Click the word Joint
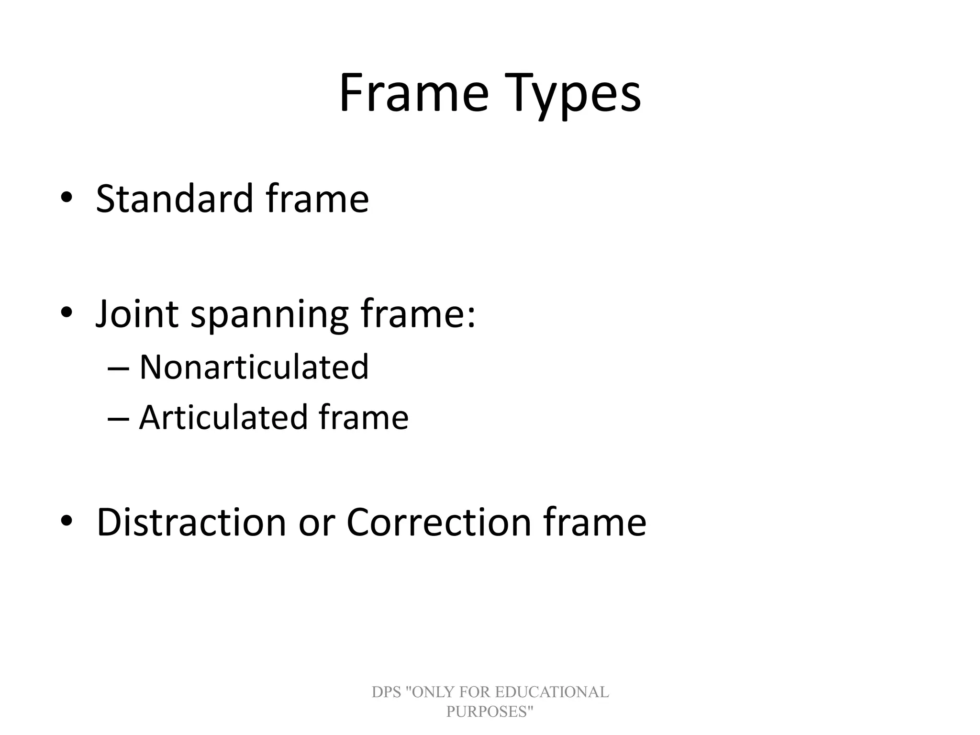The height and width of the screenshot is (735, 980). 137,314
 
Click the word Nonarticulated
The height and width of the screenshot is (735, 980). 254,367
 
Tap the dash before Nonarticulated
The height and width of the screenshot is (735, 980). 118,368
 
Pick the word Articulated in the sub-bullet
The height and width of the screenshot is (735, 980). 223,417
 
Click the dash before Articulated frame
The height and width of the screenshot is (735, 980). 118,419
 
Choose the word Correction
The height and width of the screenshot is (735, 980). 438,522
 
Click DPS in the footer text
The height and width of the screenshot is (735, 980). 386,692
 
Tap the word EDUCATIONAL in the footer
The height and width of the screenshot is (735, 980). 552,692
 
